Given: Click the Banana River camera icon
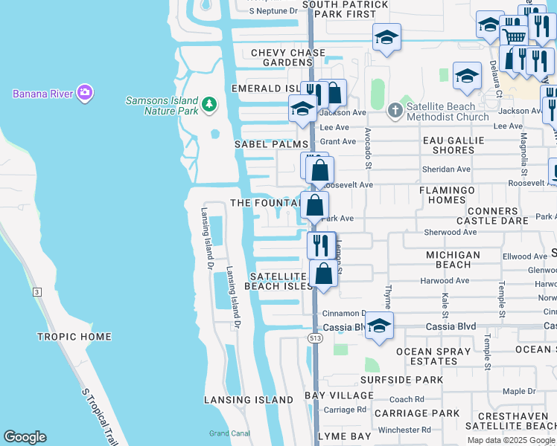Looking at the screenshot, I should (86, 93).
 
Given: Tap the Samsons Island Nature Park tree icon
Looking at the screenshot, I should (209, 104).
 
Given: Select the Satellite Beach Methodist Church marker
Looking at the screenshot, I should (395, 111).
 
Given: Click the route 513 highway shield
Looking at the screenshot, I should (315, 338).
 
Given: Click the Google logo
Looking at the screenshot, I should (25, 437).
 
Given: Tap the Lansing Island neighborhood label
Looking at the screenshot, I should (249, 400).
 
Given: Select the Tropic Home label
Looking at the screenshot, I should (74, 337).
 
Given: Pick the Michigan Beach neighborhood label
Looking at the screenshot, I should (453, 259).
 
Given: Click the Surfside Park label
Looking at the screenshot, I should (401, 380).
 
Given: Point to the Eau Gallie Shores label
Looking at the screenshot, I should (453, 145).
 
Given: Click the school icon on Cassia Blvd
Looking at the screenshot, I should (379, 326).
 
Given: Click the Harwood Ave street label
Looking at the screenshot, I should (445, 281).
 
